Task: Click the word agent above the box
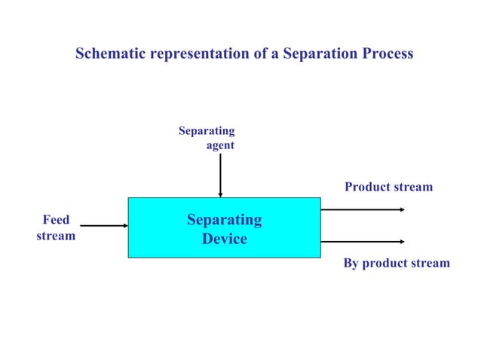click(220, 146)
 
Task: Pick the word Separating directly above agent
click(207, 131)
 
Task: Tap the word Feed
click(56, 220)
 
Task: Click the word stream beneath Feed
click(56, 236)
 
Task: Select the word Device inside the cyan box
click(225, 239)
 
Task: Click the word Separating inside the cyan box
click(225, 220)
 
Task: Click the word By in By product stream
click(351, 264)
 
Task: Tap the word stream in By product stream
click(428, 264)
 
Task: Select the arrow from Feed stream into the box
click(103, 225)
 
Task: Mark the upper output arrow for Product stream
click(363, 209)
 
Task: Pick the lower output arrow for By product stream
click(363, 241)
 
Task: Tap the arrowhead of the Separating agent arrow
click(220, 194)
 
